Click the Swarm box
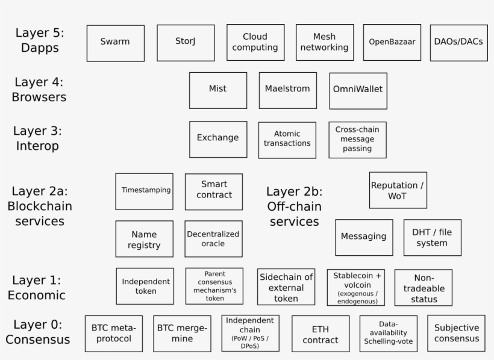(116, 43)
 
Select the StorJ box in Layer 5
(186, 43)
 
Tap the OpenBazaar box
(392, 42)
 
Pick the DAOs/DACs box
(459, 43)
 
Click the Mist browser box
(218, 91)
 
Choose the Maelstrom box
(288, 91)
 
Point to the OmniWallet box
(358, 91)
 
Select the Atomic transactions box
(287, 140)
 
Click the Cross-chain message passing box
(358, 140)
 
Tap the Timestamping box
(145, 191)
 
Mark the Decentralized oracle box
(214, 239)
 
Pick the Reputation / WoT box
(398, 190)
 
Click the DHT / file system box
(433, 237)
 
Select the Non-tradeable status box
(424, 288)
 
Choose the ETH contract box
(320, 334)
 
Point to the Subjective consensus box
(457, 334)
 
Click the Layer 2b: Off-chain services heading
(294, 206)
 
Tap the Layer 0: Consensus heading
(38, 332)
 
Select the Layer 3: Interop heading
(37, 138)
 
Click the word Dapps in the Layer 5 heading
(40, 48)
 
